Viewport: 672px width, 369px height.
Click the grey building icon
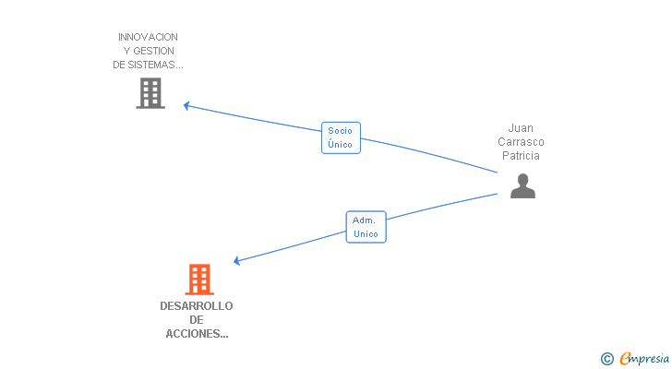150,93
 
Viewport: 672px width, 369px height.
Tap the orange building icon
199,280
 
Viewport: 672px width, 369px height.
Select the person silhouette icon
522,185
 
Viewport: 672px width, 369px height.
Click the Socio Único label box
340,137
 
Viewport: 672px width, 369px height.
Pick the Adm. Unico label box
366,227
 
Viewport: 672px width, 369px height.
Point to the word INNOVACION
148,37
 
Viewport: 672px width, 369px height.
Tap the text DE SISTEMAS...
148,65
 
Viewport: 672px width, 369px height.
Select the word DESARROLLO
197,306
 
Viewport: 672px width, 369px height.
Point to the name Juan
521,128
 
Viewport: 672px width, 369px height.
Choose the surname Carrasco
521,142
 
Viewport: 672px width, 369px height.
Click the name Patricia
521,156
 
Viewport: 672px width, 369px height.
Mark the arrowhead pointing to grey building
186,105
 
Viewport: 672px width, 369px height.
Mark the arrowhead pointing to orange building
236,262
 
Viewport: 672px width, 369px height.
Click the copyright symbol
606,359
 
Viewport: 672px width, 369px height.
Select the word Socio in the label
340,131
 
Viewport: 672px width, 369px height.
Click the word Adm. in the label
364,220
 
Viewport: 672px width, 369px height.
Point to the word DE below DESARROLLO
196,320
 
